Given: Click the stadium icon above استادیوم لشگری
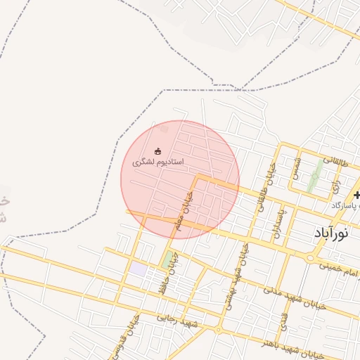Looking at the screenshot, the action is [x=158, y=151].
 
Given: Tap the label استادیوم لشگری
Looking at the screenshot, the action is [x=158, y=162].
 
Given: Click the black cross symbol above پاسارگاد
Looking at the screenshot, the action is [x=357, y=195].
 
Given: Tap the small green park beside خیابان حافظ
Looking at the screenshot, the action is [x=168, y=261].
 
